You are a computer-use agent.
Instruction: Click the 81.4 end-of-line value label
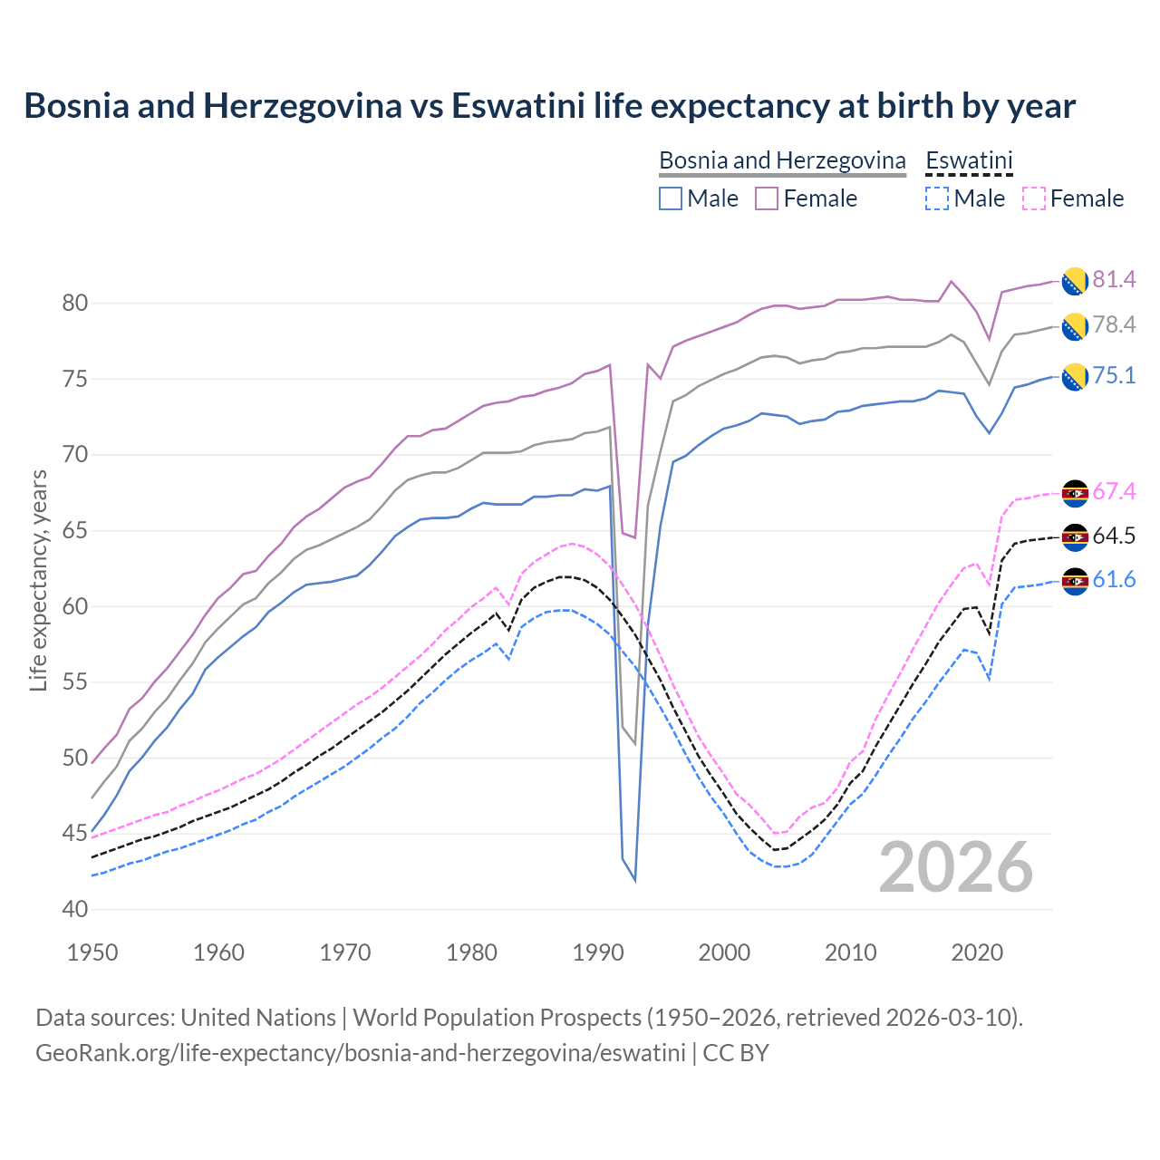point(1114,280)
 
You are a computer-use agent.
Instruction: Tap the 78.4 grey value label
point(1114,325)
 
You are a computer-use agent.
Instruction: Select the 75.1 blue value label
point(1114,376)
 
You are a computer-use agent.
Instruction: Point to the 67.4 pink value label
point(1114,492)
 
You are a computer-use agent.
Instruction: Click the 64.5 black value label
point(1114,536)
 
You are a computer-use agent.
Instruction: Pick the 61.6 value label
point(1114,580)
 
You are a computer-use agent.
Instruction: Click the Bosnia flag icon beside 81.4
point(1075,281)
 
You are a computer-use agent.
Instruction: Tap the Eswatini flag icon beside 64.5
point(1075,537)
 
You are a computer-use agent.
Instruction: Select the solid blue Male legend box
point(671,198)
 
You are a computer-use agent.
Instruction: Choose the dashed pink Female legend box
point(1034,198)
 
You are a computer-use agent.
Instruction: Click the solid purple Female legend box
point(767,198)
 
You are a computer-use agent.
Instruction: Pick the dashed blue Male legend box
point(937,198)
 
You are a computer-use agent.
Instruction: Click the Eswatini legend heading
point(969,160)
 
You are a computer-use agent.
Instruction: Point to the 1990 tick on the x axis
point(598,952)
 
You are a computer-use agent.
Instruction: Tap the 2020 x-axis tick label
point(977,952)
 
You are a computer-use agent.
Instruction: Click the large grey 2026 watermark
point(956,867)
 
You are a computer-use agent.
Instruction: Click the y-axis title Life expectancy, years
point(39,580)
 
